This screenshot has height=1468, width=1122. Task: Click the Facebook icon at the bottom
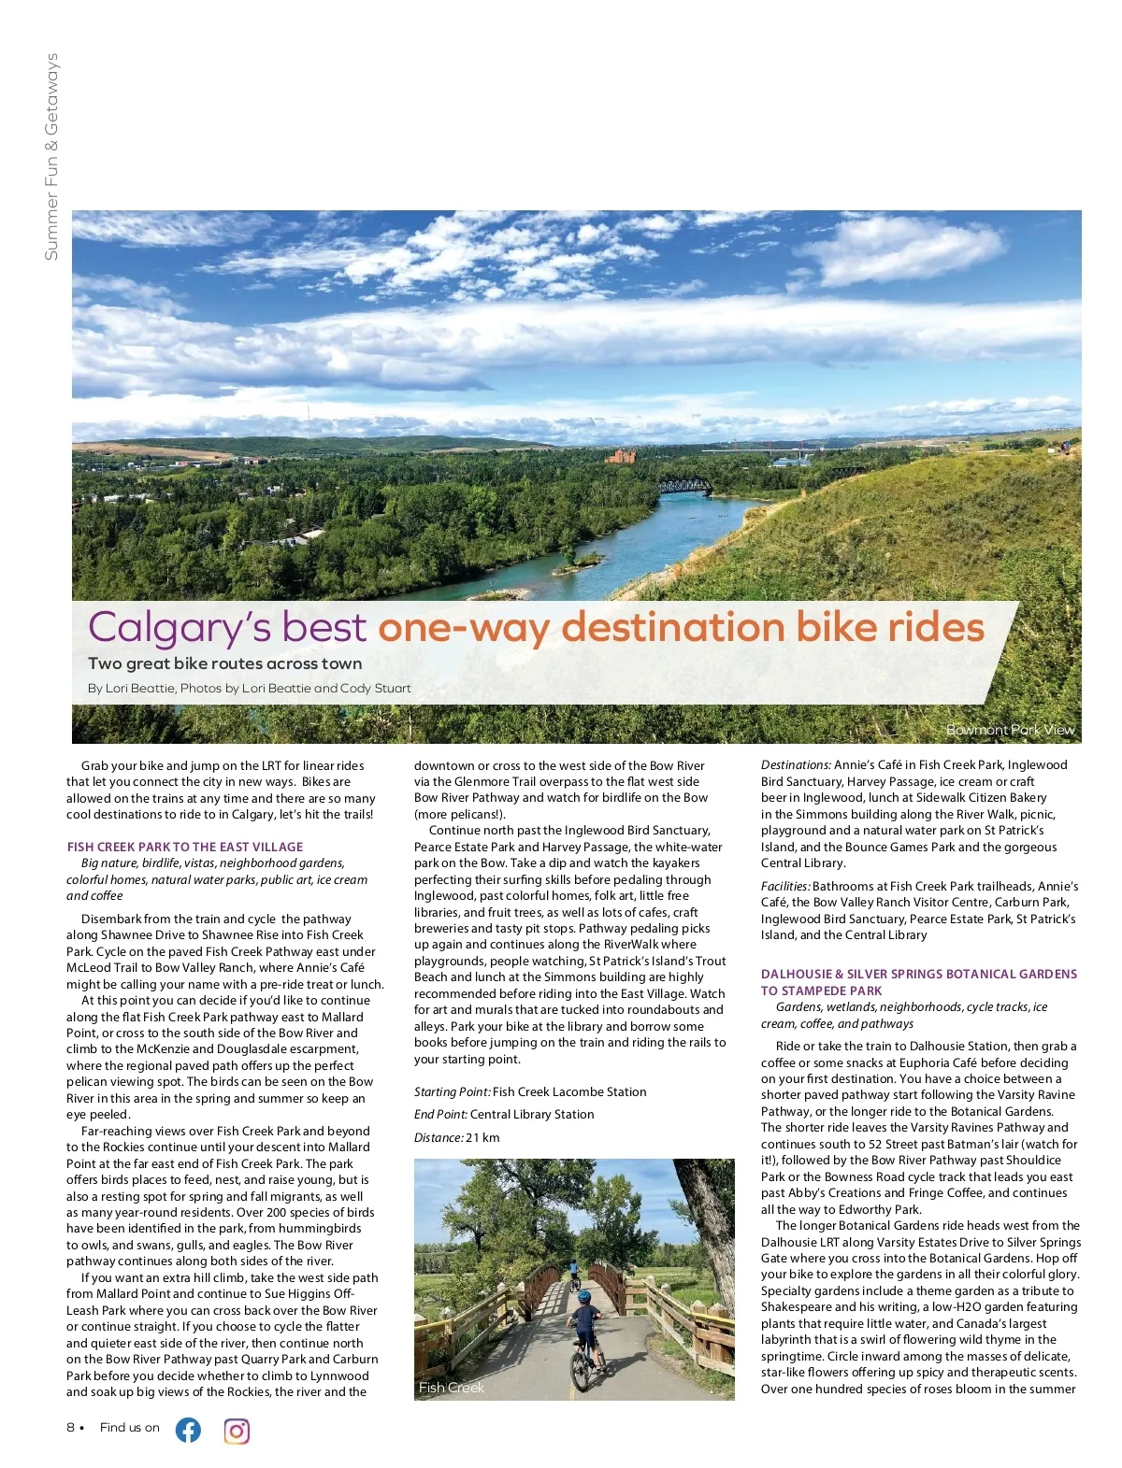coord(188,1430)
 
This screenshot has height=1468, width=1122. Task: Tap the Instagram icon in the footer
coord(237,1431)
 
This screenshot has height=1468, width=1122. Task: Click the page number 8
coord(70,1427)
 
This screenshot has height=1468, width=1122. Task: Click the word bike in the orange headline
coord(837,626)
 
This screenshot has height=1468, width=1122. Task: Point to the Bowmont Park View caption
coord(1010,730)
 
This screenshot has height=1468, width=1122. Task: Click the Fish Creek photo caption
coord(452,1388)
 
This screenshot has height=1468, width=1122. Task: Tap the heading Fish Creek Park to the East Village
coord(185,847)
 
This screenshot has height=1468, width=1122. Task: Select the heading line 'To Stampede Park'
coord(821,991)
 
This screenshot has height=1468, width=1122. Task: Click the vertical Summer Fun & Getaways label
coord(51,157)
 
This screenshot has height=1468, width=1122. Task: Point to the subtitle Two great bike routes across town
coord(224,663)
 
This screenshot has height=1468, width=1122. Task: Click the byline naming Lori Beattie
coord(249,689)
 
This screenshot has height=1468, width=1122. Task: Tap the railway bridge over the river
coord(684,486)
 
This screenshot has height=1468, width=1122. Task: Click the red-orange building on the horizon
coord(621,456)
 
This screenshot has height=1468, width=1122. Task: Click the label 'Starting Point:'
coord(452,1091)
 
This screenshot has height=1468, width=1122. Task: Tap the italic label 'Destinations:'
coord(796,764)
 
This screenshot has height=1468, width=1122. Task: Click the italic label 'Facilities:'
coord(785,886)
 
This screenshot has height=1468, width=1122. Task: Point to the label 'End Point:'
coord(440,1114)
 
